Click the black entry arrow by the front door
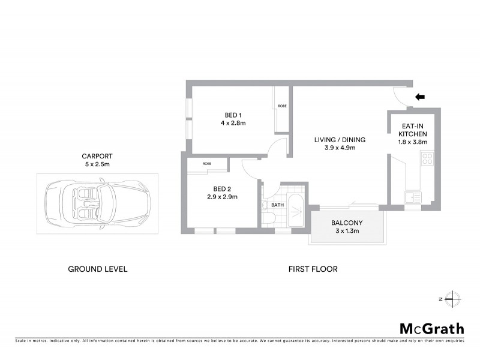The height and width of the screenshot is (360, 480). click(x=421, y=96)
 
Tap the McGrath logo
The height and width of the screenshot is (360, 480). click(x=431, y=328)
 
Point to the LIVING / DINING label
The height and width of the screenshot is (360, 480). click(x=340, y=140)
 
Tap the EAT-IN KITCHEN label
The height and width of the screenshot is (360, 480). click(x=414, y=130)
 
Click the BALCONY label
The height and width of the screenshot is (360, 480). click(x=347, y=223)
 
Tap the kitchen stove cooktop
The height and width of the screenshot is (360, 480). click(x=427, y=160)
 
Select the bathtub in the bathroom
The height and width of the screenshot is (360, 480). click(x=295, y=210)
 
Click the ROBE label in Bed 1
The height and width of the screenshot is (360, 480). click(x=282, y=106)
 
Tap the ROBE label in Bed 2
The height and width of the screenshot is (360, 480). click(x=206, y=163)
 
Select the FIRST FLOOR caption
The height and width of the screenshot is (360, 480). click(x=313, y=269)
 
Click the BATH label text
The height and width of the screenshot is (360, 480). click(x=277, y=205)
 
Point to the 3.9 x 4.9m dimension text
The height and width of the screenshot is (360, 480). click(x=340, y=148)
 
